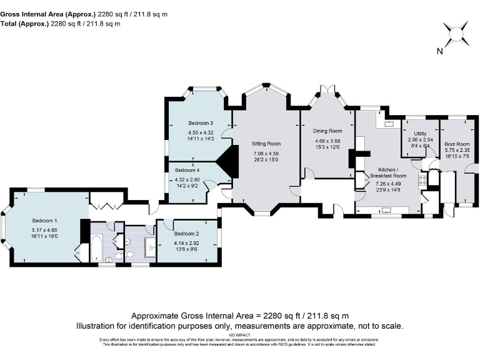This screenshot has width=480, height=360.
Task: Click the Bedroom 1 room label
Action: tap(44, 221)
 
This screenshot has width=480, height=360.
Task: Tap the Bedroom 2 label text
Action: tap(187, 233)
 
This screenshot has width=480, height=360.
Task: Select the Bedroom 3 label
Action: tap(201, 123)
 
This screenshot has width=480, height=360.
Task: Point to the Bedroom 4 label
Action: tap(187, 170)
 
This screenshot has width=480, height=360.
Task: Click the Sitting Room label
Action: tap(266, 144)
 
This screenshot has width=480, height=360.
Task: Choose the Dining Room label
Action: tap(328, 131)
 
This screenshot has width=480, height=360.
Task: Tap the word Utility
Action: tap(420, 134)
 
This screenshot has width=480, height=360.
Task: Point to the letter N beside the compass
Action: tap(440, 52)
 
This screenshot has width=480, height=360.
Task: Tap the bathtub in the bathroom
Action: tap(97, 247)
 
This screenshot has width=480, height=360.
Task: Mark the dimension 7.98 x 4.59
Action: tap(266, 153)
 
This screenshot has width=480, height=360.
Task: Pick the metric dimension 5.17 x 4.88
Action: tap(44, 230)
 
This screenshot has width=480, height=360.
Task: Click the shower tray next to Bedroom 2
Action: tap(150, 247)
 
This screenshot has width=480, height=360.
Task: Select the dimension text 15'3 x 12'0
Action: tap(328, 147)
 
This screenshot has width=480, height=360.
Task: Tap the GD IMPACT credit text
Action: tap(240, 335)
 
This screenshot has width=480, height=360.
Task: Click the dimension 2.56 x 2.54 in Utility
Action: tap(420, 140)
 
